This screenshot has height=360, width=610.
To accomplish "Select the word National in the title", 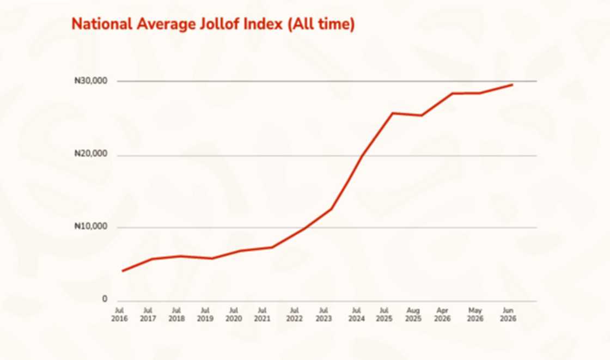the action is [102, 24].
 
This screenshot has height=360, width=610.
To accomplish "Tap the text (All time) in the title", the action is [321, 24].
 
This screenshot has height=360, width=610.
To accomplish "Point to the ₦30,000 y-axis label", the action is [90, 81].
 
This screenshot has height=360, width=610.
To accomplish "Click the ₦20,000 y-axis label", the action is [90, 154].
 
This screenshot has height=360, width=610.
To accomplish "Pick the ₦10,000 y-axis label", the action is [90, 226].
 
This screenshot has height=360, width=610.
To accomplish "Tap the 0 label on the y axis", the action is [105, 299].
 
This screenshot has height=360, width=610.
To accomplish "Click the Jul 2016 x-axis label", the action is [119, 314].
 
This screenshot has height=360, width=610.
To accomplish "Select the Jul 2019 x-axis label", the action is [205, 314].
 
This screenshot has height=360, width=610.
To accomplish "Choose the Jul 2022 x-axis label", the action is [295, 314].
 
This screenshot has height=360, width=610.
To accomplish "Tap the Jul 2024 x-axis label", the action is [356, 314].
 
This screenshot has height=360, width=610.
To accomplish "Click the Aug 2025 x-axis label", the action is [413, 314].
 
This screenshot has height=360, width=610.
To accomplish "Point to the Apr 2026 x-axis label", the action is [442, 314].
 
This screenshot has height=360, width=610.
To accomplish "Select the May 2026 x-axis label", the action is [475, 314].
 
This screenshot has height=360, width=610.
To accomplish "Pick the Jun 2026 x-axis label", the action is [508, 314].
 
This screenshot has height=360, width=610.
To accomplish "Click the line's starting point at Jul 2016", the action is [123, 271].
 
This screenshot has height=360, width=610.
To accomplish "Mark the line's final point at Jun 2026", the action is [512, 84].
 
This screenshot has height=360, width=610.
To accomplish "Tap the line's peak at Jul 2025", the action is [393, 113].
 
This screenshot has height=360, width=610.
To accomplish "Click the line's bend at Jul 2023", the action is [331, 209].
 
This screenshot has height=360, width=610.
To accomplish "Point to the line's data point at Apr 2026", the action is [453, 94].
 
